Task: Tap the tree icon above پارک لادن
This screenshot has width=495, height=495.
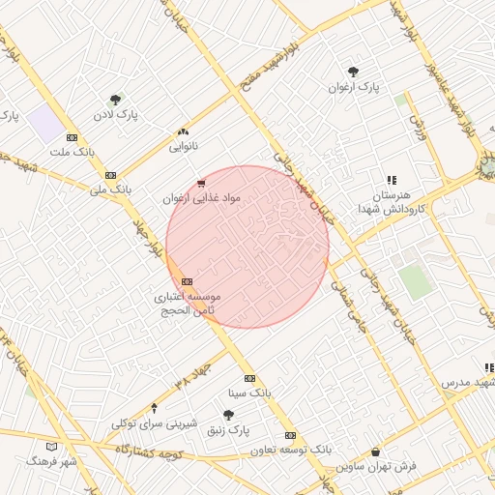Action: pos(116,99)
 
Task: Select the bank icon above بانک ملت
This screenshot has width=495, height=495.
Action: pos(73,137)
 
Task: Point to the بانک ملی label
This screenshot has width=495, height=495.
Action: pos(109,189)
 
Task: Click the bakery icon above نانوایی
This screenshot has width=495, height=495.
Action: pos(183,131)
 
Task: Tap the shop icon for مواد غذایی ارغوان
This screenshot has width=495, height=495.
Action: pos(200,182)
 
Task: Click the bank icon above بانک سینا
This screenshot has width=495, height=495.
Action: pos(250,378)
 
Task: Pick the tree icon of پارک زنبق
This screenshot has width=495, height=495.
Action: pos(229,414)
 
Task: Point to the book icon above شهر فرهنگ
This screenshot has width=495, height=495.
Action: pos(52,447)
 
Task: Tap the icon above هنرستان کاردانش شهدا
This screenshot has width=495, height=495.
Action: pos(392,180)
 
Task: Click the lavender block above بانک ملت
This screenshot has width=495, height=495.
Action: pos(44,124)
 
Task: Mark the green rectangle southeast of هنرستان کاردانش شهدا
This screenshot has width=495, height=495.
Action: pos(415,282)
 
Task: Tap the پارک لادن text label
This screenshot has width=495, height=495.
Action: pos(115,115)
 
